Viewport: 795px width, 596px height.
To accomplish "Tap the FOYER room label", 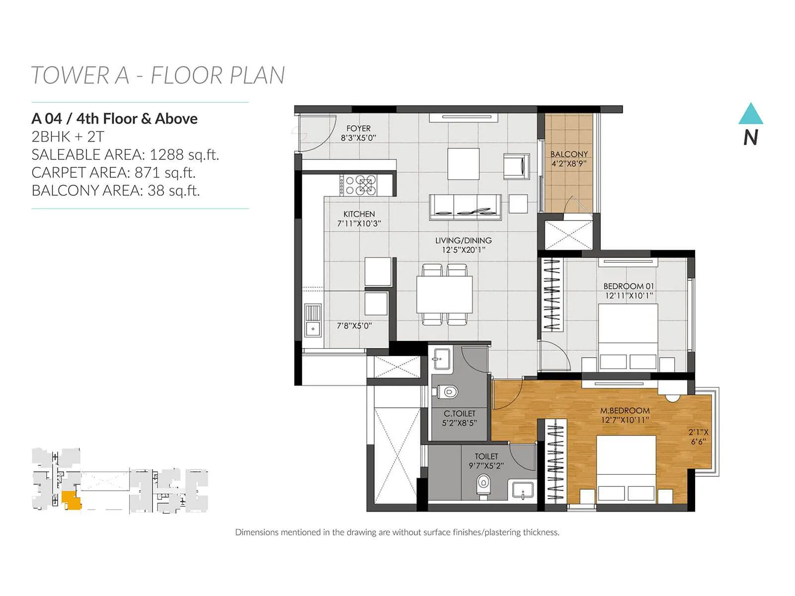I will tap(358, 128).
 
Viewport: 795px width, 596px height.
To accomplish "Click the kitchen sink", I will tap(313, 320).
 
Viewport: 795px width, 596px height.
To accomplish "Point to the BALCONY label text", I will tap(569, 154).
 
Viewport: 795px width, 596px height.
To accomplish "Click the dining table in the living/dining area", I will tap(444, 294).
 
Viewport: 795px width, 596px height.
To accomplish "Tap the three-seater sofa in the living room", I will tap(465, 207).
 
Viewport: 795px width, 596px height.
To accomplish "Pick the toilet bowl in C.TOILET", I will tap(449, 392).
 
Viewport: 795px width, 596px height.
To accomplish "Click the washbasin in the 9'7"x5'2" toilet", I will tap(522, 490).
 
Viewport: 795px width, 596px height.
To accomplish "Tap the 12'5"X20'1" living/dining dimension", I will tap(463, 250).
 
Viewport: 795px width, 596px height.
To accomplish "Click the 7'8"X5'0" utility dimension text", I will tap(354, 326).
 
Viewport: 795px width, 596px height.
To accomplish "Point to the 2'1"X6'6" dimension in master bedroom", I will tap(698, 437).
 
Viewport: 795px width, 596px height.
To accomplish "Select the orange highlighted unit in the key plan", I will tap(73, 501).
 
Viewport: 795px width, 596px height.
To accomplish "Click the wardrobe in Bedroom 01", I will tap(552, 294).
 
